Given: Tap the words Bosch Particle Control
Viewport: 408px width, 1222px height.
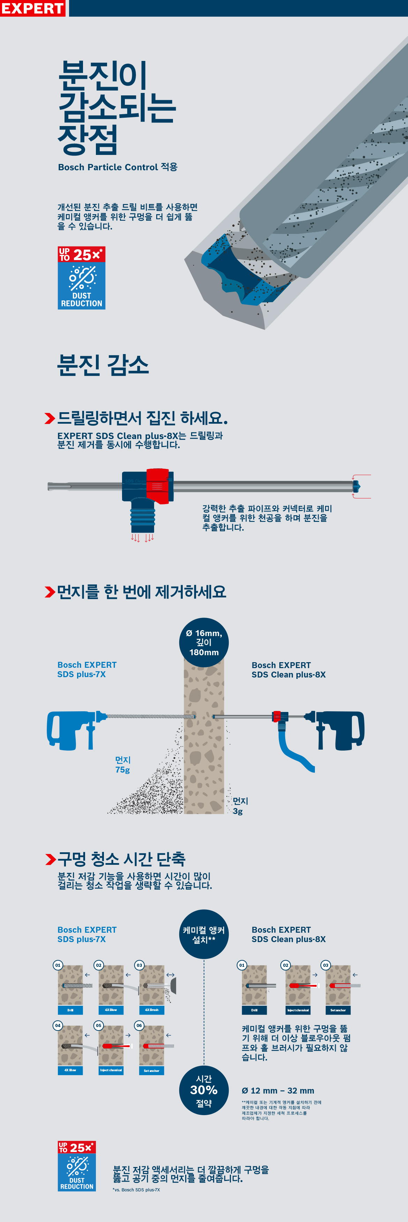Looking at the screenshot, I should (108, 167).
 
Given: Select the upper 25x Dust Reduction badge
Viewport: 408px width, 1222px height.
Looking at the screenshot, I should (81, 278).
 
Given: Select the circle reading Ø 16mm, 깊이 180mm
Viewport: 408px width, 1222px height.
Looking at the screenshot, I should (204, 642).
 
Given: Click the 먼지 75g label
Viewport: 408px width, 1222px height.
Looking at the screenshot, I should (122, 764).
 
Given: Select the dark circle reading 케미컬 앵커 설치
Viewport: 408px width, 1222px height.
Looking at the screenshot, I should (204, 934).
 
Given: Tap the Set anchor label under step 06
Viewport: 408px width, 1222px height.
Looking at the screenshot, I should (151, 1070).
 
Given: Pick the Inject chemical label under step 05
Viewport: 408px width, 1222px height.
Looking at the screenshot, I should (111, 1070).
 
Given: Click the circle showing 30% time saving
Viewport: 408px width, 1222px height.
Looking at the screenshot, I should (204, 1090).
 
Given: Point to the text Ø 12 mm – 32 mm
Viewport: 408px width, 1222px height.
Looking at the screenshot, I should (278, 1091).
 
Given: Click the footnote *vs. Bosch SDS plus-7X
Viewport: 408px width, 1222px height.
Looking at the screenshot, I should (136, 1190).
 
